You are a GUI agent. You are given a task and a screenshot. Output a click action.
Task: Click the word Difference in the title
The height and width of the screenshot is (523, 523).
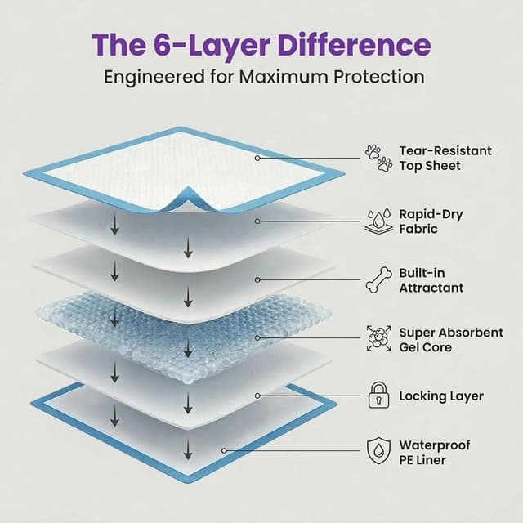click(x=354, y=46)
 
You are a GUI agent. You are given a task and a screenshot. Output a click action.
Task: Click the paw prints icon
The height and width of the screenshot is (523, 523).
click(x=378, y=158)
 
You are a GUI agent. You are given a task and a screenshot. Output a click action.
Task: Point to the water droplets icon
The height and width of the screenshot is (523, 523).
click(x=378, y=221)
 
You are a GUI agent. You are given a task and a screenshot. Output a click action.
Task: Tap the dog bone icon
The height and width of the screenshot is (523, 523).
click(x=378, y=280)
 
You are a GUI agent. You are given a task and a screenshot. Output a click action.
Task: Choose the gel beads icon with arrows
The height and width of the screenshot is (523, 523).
click(x=378, y=338)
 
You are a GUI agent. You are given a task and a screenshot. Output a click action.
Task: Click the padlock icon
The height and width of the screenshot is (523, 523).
click(x=379, y=396)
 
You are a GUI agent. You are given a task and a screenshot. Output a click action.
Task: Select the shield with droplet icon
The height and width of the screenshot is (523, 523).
click(x=378, y=450)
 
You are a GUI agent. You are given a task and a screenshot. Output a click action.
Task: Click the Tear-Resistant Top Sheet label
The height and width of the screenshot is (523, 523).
click(x=445, y=158)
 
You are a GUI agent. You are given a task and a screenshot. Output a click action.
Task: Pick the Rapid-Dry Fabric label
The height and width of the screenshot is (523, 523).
click(x=431, y=221)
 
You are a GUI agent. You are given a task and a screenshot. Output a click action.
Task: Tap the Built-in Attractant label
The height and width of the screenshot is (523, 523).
click(x=431, y=280)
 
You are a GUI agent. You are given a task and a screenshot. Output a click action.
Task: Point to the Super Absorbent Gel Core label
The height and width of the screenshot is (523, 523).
click(x=451, y=340)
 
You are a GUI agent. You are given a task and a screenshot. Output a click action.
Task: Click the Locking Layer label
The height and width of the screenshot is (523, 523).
click(x=441, y=396)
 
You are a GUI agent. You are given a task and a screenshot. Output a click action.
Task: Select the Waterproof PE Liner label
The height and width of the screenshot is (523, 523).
click(x=434, y=452)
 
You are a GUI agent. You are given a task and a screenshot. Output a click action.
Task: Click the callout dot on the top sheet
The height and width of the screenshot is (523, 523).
click(x=257, y=158)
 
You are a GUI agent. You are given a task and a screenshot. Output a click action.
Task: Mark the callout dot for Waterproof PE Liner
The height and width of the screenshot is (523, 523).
click(x=224, y=450)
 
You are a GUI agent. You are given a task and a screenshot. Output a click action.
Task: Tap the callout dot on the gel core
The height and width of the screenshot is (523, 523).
click(x=257, y=337)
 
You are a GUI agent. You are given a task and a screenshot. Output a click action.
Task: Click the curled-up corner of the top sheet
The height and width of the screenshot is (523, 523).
click(x=188, y=198)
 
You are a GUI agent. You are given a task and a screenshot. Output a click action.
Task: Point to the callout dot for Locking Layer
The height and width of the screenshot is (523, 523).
click(x=257, y=396)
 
